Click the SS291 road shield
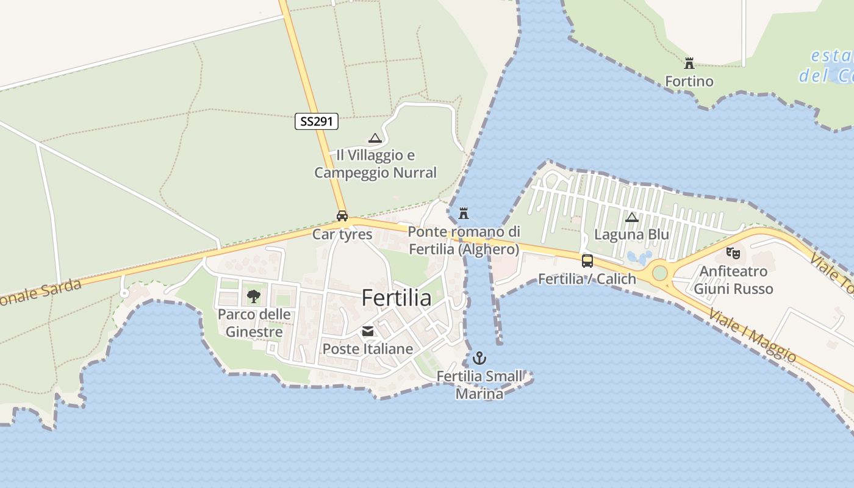coord(317,121)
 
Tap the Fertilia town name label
coord(396,298)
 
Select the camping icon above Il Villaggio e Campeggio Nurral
coord(375,138)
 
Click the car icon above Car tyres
coord(342,216)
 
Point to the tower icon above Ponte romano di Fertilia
coord(464,213)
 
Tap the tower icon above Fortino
coord(689,63)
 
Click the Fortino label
coord(689,81)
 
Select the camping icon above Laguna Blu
coord(632,217)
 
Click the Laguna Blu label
coord(632,235)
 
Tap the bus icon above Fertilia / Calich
coord(587,261)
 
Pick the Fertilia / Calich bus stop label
coord(587,279)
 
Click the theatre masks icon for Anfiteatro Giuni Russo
coord(733,252)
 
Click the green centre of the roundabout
coord(660,272)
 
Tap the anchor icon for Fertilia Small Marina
coord(480,358)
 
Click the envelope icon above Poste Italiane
coord(368,331)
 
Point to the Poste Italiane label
coord(368,349)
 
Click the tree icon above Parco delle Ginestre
coord(254,297)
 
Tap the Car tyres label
coord(342,234)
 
